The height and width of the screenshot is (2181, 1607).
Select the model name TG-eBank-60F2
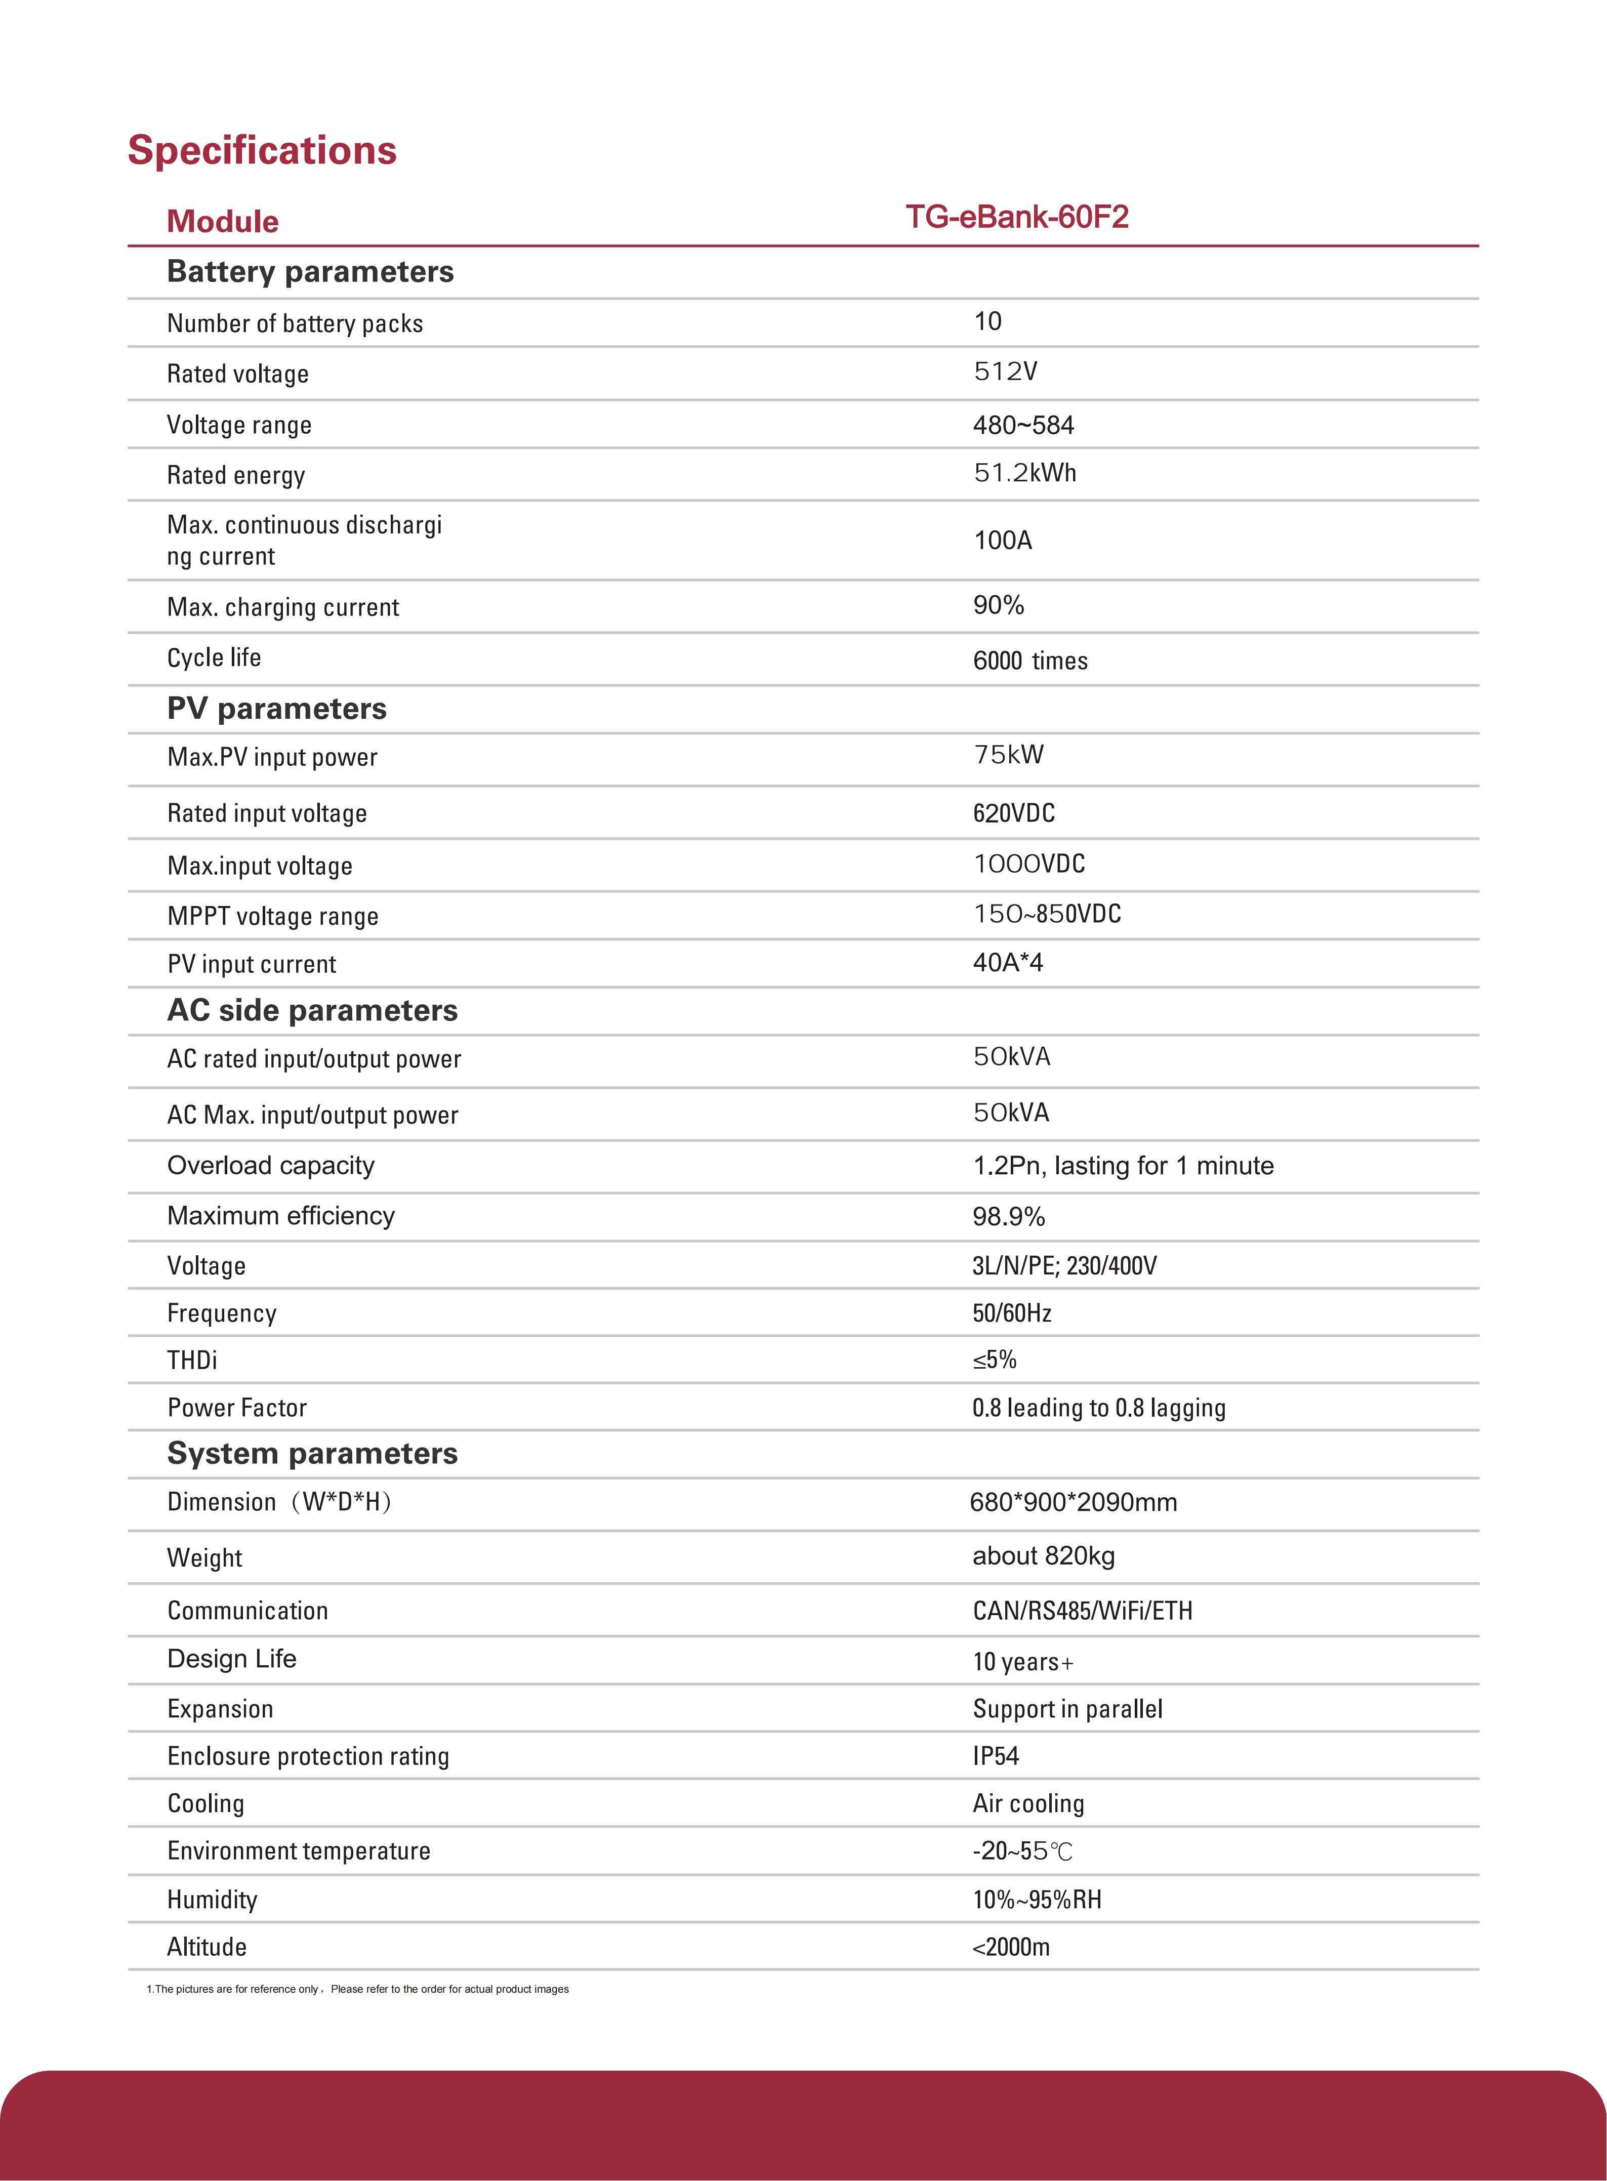1016,217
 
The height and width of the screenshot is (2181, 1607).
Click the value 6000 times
1030,662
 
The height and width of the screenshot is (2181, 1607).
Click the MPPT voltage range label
272,916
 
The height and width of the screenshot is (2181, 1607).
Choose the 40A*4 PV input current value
1008,963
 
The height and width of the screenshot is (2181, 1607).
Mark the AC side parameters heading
312,1011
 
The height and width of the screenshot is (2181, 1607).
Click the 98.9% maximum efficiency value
1009,1217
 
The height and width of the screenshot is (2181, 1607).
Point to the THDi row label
193,1360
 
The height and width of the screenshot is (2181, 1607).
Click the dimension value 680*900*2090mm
1073,1503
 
